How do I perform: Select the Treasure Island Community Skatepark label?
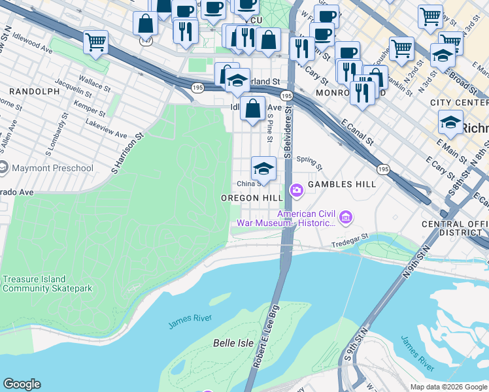coord(47,284)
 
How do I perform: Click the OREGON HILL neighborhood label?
coord(251,198)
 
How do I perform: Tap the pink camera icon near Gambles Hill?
coord(297,190)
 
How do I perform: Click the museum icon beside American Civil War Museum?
coord(346,216)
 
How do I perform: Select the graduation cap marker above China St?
coord(263,169)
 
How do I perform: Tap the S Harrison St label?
coord(127,155)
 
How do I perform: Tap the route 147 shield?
coord(145,41)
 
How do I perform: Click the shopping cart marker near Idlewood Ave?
coord(95,43)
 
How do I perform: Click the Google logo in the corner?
coord(22,384)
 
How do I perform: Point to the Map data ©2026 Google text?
coord(448,387)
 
